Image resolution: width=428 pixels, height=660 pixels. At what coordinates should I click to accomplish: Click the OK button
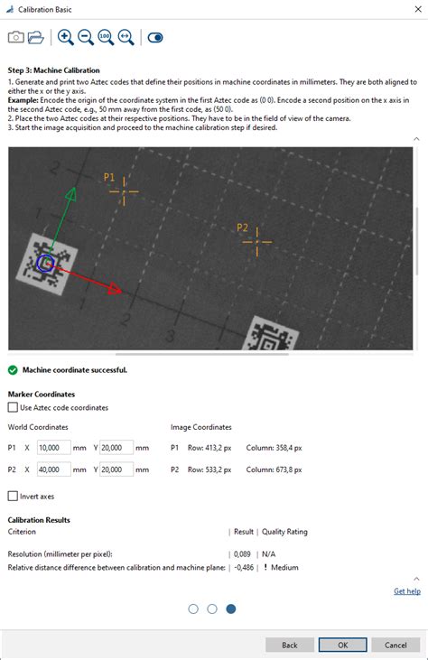pos(342,645)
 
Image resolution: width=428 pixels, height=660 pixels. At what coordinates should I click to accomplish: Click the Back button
pos(290,645)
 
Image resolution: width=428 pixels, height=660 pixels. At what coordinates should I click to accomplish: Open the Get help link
pos(407,591)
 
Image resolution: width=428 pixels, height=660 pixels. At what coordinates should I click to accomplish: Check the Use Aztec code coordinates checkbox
pos(13,407)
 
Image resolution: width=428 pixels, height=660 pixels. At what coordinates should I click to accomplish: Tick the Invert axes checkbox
pos(13,496)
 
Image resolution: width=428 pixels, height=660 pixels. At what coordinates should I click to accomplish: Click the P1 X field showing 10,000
pos(54,448)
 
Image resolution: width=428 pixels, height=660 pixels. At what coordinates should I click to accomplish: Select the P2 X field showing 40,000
pos(54,469)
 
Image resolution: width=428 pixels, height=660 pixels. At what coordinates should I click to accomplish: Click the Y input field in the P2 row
pos(116,469)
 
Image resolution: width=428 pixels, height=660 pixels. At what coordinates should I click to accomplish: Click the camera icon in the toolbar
pos(16,37)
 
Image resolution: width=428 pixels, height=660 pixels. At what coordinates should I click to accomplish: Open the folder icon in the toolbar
pos(36,37)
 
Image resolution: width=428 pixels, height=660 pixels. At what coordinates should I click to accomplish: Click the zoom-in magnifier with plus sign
pos(66,37)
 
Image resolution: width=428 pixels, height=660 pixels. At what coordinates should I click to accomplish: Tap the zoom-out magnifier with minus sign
pos(86,37)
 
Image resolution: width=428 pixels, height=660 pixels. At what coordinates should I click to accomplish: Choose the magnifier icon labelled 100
pos(106,37)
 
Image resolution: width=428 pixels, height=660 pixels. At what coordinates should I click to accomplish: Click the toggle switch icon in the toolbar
pos(155,37)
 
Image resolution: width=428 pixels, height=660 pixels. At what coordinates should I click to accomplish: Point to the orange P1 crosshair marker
pos(124,191)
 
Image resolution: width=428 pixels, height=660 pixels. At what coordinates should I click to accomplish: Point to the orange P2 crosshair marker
pos(257,242)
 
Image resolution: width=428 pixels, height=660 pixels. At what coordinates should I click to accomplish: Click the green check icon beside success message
pos(13,370)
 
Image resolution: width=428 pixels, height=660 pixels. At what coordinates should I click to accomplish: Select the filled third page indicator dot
pos(231,609)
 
